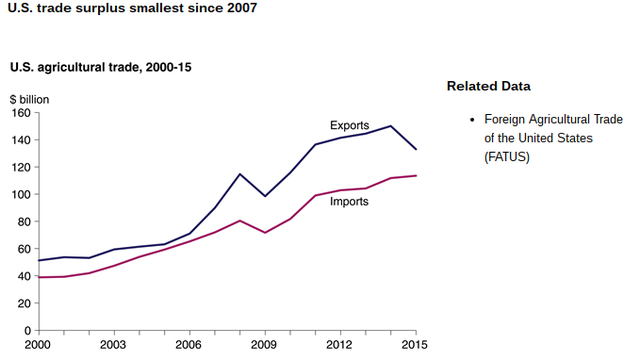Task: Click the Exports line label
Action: [349, 125]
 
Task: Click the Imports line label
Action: [349, 201]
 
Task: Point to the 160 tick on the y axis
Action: [19, 112]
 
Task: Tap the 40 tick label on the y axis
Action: [22, 276]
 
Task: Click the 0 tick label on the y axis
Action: [26, 330]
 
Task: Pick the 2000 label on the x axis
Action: [37, 345]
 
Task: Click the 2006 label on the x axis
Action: [189, 345]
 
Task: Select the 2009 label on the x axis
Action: [265, 345]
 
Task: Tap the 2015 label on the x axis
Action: [416, 345]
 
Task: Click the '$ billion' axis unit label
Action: [30, 98]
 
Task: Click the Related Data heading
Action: [488, 86]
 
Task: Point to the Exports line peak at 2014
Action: [390, 126]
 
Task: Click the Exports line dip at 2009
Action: [265, 196]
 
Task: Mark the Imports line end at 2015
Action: [416, 175]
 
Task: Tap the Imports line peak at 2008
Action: [240, 220]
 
